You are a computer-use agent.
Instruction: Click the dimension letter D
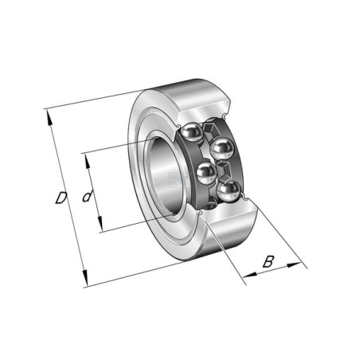(61, 198)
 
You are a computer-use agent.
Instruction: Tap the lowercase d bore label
(88, 196)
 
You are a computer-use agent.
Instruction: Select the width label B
(268, 261)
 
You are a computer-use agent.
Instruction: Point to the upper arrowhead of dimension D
(49, 118)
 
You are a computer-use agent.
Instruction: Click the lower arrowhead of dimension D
(84, 277)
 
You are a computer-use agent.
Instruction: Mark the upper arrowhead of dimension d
(88, 162)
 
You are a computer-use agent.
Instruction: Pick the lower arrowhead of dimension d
(100, 224)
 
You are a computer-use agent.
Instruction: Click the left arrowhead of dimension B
(250, 275)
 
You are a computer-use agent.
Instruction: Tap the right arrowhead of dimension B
(294, 264)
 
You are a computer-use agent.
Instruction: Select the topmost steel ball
(191, 133)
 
